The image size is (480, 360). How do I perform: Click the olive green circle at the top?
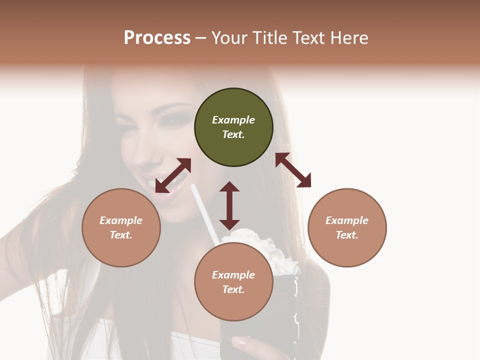click(x=233, y=127)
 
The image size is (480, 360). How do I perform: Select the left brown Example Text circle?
click(x=121, y=227)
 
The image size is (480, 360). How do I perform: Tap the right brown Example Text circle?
click(x=347, y=227)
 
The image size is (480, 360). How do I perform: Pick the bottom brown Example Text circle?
click(x=233, y=282)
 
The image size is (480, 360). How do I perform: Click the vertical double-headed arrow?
click(x=229, y=205)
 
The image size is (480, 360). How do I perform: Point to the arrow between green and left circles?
click(x=173, y=175)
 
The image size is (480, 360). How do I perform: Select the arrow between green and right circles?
click(x=293, y=170)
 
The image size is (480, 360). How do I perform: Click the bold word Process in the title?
click(x=157, y=38)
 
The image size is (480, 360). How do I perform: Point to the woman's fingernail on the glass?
click(x=239, y=343)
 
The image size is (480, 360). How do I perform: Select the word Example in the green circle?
click(x=233, y=120)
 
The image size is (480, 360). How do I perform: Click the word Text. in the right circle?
click(x=347, y=235)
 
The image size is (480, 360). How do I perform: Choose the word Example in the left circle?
click(x=121, y=220)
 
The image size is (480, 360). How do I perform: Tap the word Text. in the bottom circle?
click(x=233, y=289)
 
